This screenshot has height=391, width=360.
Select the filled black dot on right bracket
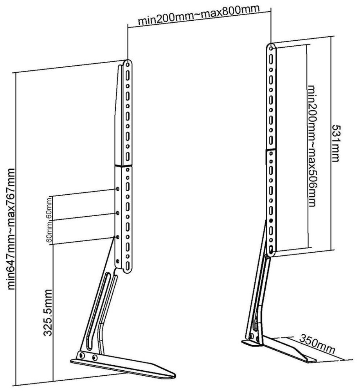[x=270, y=222]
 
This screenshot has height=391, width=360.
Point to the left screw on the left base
[x=82, y=355]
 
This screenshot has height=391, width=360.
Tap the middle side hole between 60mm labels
[x=117, y=213]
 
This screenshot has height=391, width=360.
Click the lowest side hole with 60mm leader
[x=117, y=237]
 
